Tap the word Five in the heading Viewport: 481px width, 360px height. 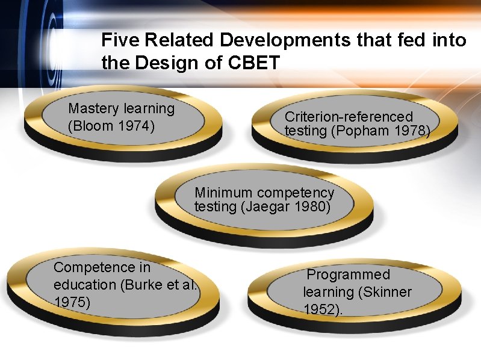click(118, 40)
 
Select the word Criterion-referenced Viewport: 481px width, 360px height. click(349, 116)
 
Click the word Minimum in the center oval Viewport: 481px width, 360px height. click(223, 193)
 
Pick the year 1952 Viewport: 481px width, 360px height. click(320, 309)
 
